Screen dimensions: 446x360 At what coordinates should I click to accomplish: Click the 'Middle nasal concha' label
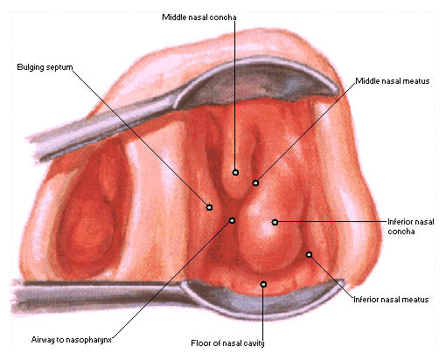click(199, 17)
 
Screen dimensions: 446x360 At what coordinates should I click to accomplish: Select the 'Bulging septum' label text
click(45, 67)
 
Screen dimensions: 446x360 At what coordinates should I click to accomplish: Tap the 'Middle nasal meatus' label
click(393, 81)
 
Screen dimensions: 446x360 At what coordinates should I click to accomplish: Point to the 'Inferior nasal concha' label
click(410, 226)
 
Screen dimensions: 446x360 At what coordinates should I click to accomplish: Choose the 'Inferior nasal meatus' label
click(391, 300)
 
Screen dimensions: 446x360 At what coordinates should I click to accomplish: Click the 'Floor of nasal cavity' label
click(227, 343)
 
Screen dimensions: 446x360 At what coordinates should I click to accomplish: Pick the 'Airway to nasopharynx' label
click(72, 340)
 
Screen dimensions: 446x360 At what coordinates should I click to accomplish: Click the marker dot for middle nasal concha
click(235, 172)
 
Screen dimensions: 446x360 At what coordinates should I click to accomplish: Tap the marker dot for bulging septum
click(209, 207)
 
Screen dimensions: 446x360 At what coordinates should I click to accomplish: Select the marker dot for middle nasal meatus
click(255, 183)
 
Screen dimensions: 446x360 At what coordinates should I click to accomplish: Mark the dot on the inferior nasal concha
click(275, 222)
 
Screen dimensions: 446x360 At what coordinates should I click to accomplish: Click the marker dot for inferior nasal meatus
click(309, 254)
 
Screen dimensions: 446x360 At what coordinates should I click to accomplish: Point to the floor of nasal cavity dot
click(263, 284)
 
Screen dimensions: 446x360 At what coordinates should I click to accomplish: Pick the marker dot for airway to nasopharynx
click(232, 220)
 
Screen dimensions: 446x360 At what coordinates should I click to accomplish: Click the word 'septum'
click(59, 67)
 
